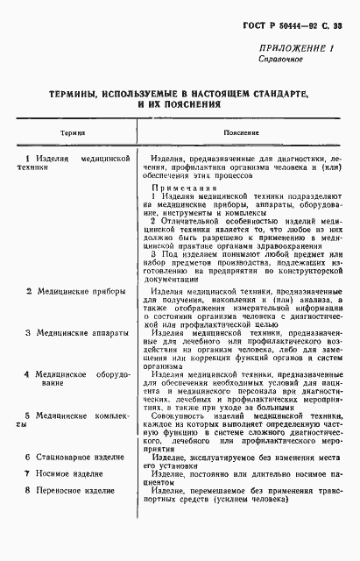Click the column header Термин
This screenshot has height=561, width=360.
[73, 131]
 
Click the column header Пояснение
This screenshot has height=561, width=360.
[241, 131]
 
